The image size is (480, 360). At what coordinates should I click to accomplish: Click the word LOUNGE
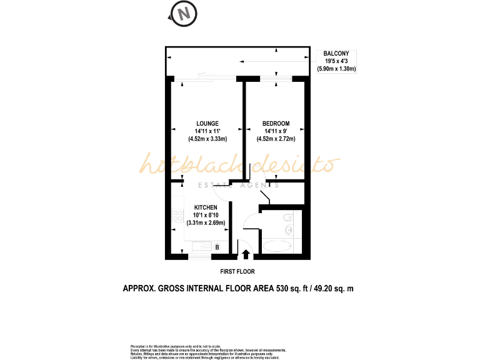[207, 123]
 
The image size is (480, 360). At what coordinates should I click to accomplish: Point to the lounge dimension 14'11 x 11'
[206, 131]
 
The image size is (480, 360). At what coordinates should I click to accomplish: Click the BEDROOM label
[275, 123]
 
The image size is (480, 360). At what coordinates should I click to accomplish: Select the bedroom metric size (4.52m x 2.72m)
[275, 139]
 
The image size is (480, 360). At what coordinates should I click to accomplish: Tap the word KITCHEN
[206, 207]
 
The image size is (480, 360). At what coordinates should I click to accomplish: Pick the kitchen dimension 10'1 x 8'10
[206, 215]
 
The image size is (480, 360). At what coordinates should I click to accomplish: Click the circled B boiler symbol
[217, 247]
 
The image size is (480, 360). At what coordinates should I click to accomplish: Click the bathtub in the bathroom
[277, 246]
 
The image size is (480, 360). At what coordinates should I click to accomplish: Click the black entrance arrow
[246, 254]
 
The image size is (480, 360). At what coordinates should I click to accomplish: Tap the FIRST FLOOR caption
[237, 272]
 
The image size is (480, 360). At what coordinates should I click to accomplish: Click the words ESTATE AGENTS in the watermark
[239, 185]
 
